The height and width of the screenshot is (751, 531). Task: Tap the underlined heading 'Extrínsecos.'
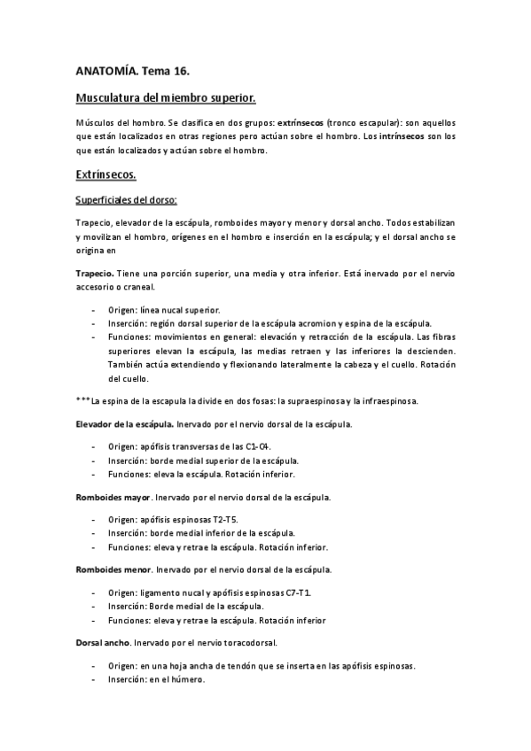coord(105,174)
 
